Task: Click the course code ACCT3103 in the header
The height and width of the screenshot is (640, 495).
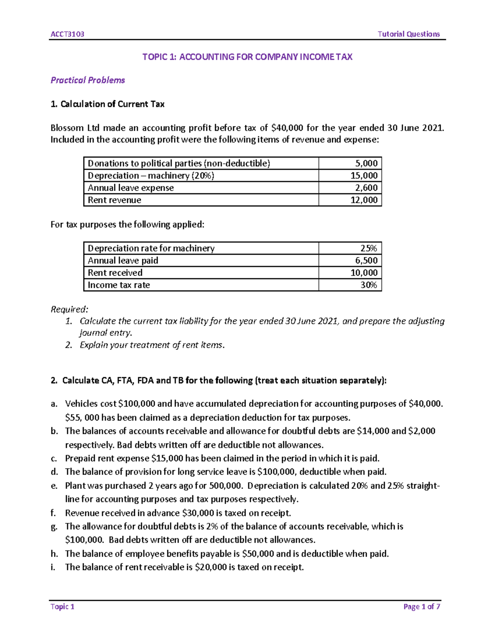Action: (67, 34)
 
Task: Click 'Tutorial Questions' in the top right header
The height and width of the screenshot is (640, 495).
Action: (408, 34)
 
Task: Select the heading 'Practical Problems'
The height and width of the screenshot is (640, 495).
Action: (87, 80)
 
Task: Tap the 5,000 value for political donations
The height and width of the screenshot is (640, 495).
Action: (366, 163)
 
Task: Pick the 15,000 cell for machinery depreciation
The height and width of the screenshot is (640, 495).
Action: (364, 176)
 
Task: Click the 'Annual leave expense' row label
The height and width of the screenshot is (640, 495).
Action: (131, 188)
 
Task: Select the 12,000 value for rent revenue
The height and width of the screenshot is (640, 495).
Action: (364, 200)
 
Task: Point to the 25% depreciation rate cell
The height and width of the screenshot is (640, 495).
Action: (368, 248)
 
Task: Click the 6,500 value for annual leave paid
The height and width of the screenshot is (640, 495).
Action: (366, 260)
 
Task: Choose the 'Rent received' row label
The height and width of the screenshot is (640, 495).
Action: (115, 273)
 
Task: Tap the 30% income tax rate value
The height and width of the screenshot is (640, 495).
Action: (368, 285)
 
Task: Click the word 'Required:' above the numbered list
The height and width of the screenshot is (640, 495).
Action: (69, 309)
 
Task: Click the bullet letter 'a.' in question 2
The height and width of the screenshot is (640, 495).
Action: (54, 404)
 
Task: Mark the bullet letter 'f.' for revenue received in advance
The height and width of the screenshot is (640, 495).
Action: (53, 513)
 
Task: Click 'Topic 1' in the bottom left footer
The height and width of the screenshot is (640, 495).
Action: (62, 607)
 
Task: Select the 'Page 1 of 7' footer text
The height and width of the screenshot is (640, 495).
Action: (422, 607)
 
